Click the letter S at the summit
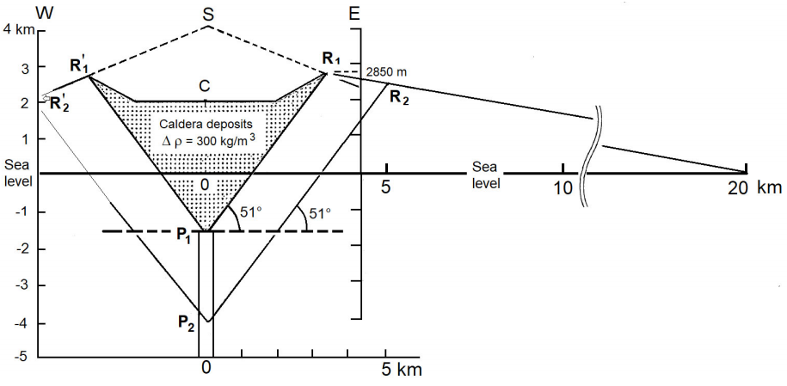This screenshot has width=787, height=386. (x=208, y=12)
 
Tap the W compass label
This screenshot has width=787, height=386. (x=12, y=12)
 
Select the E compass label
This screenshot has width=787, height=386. (x=354, y=12)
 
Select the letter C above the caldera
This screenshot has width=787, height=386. (x=205, y=86)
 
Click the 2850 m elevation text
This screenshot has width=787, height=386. (x=385, y=71)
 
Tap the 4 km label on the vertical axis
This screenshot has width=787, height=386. (x=18, y=29)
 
